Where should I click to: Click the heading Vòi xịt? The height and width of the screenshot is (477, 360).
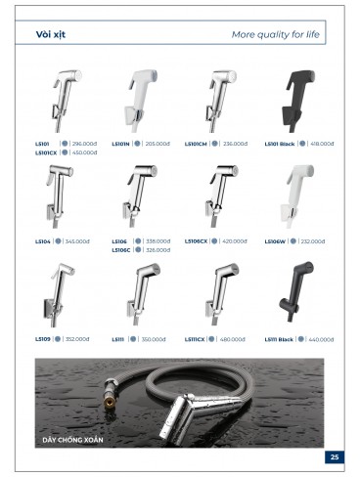click(x=53, y=34)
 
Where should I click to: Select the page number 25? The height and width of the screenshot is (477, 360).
click(x=335, y=456)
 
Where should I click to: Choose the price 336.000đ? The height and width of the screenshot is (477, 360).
click(x=235, y=144)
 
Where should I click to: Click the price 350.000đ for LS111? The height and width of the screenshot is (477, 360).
click(x=156, y=339)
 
